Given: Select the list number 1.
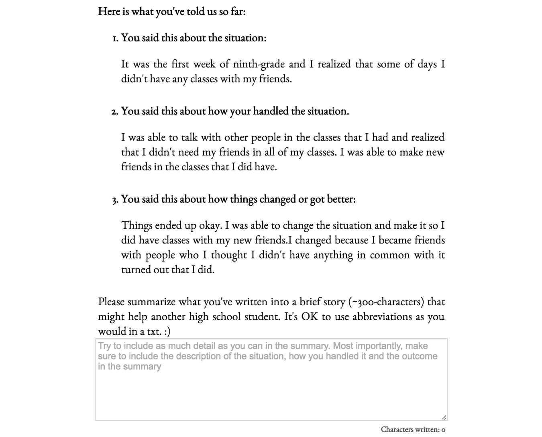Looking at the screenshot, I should tap(115, 38).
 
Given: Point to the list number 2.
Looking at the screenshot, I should tap(114, 111).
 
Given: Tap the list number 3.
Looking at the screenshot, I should tap(115, 200).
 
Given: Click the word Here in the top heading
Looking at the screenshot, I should tap(109, 11).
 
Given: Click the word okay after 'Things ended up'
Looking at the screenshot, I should tap(210, 225).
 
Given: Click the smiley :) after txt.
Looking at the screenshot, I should tap(167, 331).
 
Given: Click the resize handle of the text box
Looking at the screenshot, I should tap(444, 417).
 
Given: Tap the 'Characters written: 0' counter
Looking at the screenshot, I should tap(413, 429).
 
